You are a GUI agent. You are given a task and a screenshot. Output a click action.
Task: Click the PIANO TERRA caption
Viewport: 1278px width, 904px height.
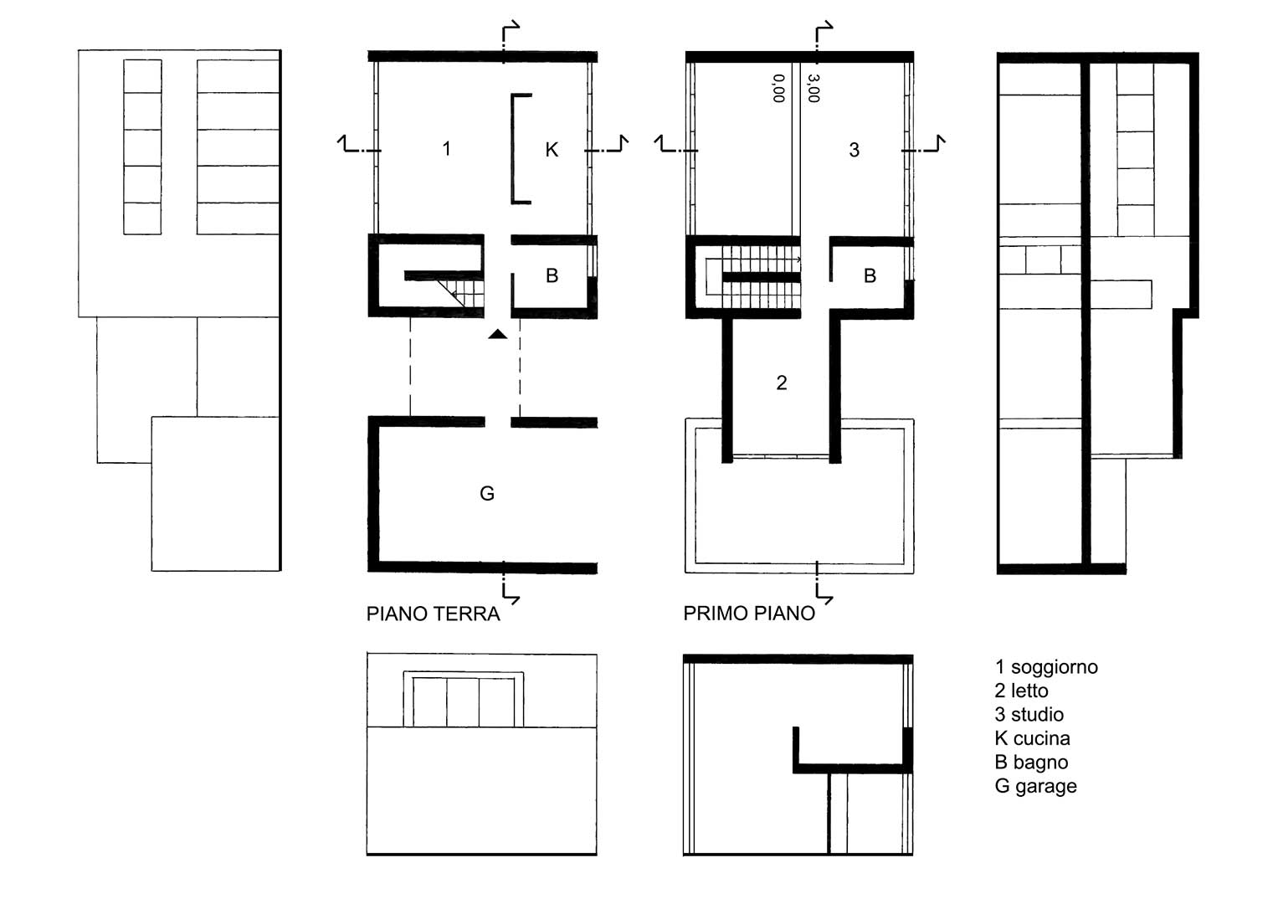coord(433,614)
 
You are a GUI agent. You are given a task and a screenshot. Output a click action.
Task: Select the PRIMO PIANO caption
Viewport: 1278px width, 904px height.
coord(749,614)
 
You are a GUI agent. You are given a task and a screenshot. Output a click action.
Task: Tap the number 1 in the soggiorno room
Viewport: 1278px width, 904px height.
coord(447,149)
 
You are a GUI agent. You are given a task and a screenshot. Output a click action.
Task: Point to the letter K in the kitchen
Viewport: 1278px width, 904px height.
coord(552,150)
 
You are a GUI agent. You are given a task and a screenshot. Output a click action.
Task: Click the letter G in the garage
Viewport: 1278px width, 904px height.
coord(486,493)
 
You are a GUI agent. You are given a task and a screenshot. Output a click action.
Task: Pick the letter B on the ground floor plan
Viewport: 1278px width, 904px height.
coord(552,275)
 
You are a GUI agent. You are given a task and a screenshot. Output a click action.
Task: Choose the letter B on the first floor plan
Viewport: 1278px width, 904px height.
coord(870,276)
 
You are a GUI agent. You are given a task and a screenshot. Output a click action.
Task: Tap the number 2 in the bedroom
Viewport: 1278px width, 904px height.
coord(782,383)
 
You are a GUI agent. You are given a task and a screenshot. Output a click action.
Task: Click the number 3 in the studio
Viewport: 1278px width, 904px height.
coord(854,150)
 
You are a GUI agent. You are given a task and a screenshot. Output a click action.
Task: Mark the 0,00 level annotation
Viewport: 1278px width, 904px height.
coord(779,89)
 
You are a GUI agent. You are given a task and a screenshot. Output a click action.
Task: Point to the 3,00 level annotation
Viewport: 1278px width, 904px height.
coord(814,89)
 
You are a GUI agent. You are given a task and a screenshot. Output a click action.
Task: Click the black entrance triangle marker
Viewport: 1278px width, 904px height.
coord(497,335)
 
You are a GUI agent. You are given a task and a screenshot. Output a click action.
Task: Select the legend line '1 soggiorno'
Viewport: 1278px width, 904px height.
coord(1046,666)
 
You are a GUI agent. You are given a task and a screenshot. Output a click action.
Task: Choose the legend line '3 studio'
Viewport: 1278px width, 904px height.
coord(1029,715)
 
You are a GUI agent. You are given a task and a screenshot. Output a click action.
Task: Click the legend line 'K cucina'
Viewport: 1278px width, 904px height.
coord(1033,738)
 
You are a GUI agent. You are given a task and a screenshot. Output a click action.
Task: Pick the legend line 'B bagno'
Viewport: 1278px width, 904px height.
coord(1032,763)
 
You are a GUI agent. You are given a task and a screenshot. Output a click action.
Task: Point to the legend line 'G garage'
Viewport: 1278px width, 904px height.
coord(1036,787)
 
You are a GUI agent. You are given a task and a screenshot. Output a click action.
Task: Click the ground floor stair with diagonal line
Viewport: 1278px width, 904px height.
coord(461,293)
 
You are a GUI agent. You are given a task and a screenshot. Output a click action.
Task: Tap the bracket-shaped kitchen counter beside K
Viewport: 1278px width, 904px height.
coord(513,148)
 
